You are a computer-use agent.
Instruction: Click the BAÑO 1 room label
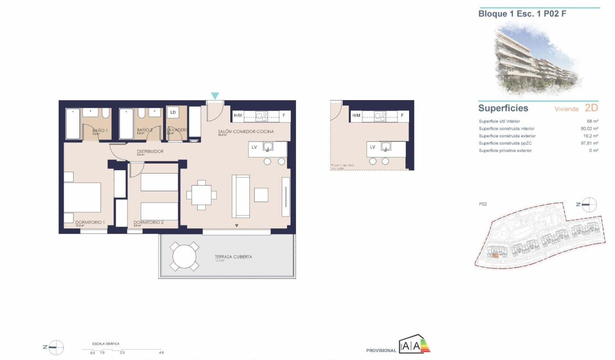pyautogui.click(x=100, y=130)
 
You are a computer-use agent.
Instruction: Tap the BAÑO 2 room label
pyautogui.click(x=144, y=130)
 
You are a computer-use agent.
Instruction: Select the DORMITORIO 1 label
pyautogui.click(x=90, y=222)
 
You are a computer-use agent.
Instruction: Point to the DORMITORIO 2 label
pyautogui.click(x=149, y=222)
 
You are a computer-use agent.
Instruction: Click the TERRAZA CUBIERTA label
pyautogui.click(x=233, y=257)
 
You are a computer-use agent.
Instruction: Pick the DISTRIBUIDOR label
pyautogui.click(x=150, y=151)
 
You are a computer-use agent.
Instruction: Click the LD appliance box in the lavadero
pyautogui.click(x=173, y=113)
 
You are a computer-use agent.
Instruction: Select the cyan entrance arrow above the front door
pyautogui.click(x=215, y=96)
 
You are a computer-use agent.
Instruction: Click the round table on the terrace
pyautogui.click(x=184, y=257)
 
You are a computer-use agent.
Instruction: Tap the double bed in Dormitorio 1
pyautogui.click(x=82, y=197)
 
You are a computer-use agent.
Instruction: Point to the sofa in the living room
pyautogui.click(x=241, y=196)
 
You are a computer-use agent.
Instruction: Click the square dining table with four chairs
pyautogui.click(x=202, y=195)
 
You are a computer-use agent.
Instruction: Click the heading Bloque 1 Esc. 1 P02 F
pyautogui.click(x=522, y=14)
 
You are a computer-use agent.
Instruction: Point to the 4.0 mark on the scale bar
pyautogui.click(x=162, y=353)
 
